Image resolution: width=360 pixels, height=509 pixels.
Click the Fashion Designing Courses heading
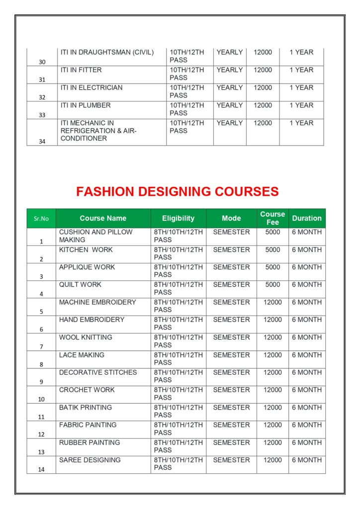pyautogui.click(x=178, y=191)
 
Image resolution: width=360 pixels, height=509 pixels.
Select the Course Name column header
pyautogui.click(x=103, y=218)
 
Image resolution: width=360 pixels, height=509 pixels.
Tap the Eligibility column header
pyautogui.click(x=178, y=218)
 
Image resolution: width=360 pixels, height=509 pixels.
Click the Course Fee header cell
pyautogui.click(x=272, y=218)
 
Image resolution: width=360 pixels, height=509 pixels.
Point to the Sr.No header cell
pyautogui.click(x=41, y=219)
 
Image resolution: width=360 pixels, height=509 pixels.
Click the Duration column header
pyautogui.click(x=307, y=218)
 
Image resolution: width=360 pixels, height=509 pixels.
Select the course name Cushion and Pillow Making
pyautogui.click(x=96, y=236)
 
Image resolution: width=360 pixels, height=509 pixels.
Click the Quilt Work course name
pyautogui.click(x=80, y=285)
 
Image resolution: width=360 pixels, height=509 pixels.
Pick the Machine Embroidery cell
pyautogui.click(x=97, y=302)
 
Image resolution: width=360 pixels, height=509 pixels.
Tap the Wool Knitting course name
pyautogui.click(x=86, y=337)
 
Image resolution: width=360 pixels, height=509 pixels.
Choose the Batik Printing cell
pyautogui.click(x=86, y=408)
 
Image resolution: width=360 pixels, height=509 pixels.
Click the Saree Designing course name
pyautogui.click(x=90, y=460)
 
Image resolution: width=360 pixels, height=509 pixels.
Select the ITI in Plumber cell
pyautogui.click(x=86, y=105)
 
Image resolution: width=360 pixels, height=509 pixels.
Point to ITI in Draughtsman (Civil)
pyautogui.click(x=107, y=52)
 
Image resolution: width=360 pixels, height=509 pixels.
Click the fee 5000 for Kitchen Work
pyautogui.click(x=272, y=250)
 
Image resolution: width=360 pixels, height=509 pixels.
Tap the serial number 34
pyautogui.click(x=42, y=141)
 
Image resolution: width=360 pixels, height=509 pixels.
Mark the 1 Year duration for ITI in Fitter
pyautogui.click(x=301, y=70)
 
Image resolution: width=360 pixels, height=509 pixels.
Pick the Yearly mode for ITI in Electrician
pyautogui.click(x=230, y=87)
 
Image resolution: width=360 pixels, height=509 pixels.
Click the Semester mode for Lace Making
pyautogui.click(x=231, y=355)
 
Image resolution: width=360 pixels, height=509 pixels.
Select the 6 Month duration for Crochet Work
pyautogui.click(x=307, y=390)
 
